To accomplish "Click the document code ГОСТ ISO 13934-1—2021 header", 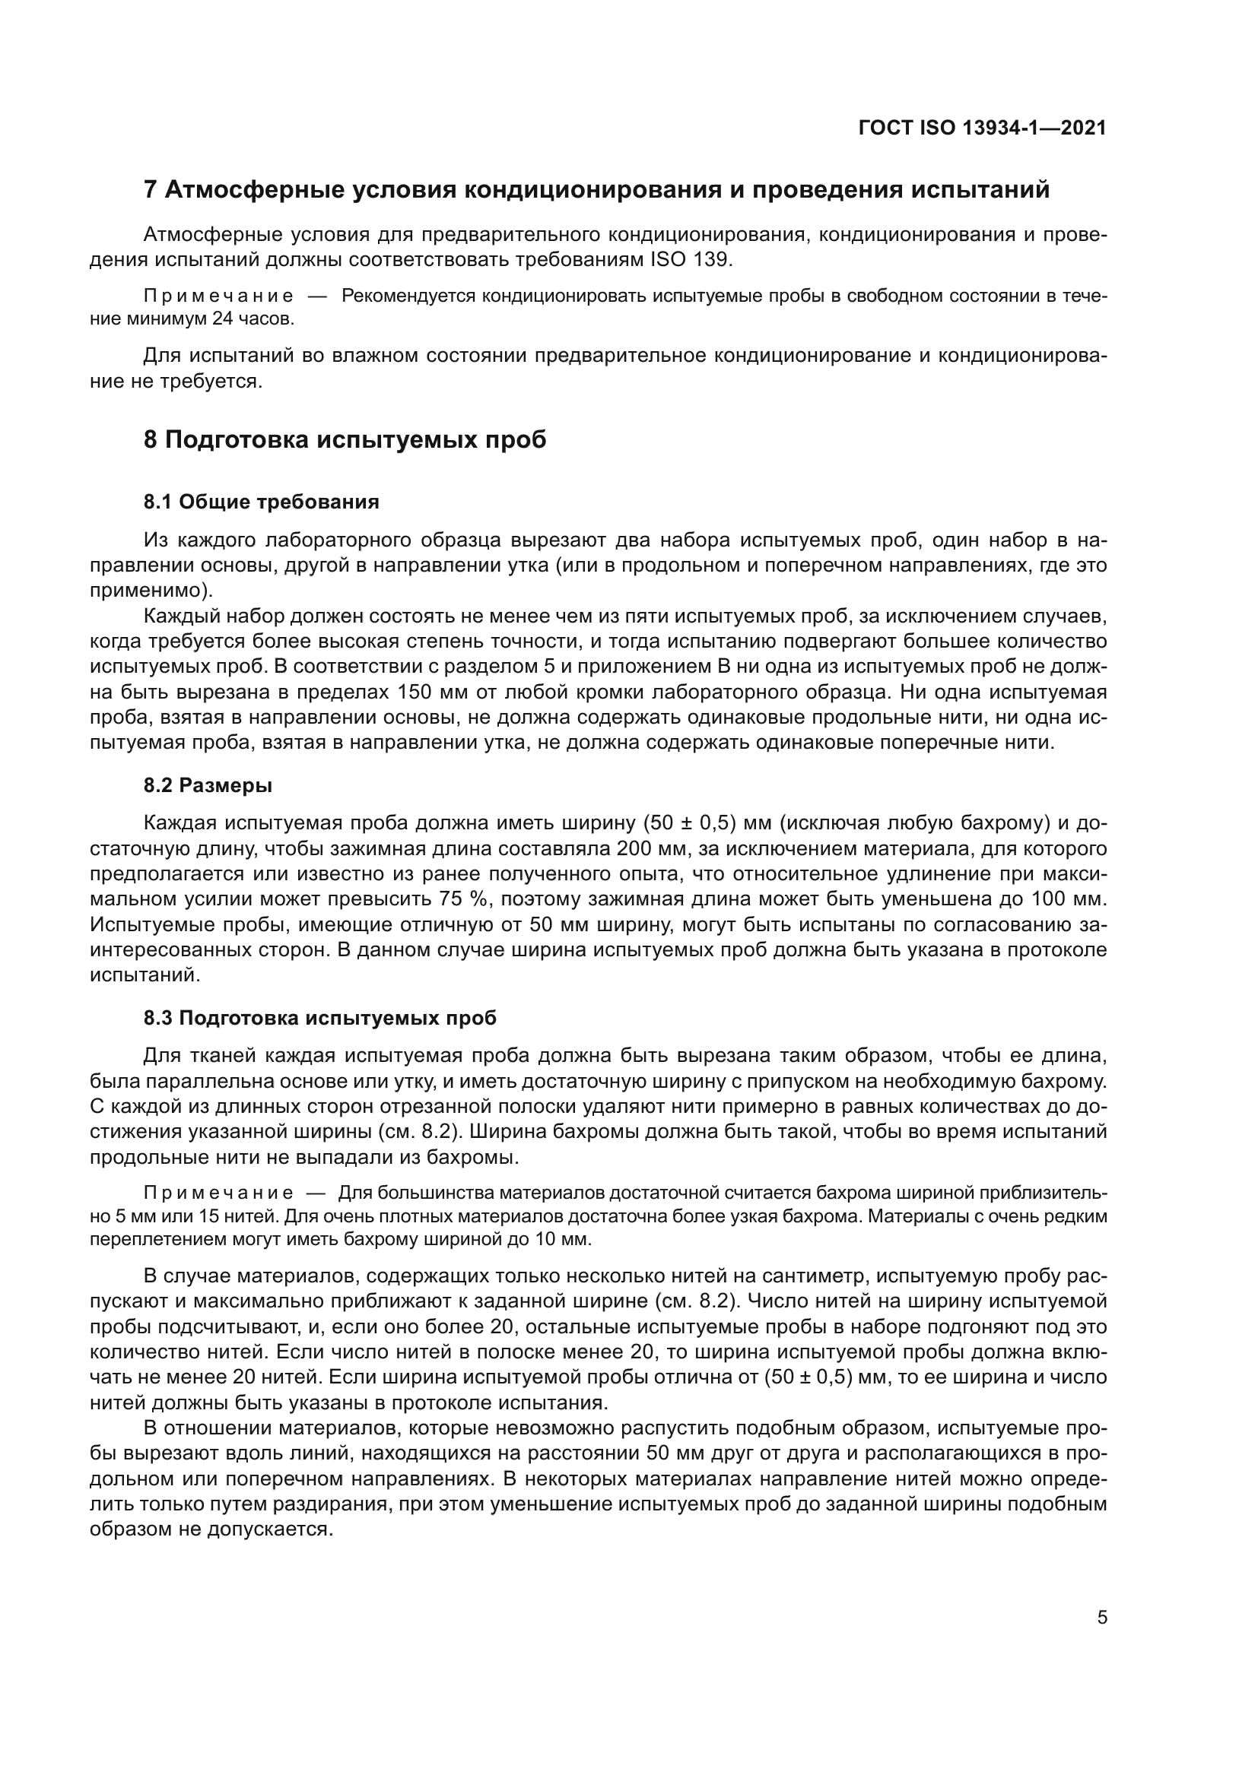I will [981, 128].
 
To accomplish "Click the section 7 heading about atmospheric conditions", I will [596, 189].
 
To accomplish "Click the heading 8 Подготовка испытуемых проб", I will [345, 440].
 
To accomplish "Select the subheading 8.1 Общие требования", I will [261, 502].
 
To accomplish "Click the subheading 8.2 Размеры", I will [208, 785].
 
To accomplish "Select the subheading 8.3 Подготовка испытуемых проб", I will [319, 1018].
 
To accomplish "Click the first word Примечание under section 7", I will [218, 296].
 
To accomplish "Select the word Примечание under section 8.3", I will [218, 1193].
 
